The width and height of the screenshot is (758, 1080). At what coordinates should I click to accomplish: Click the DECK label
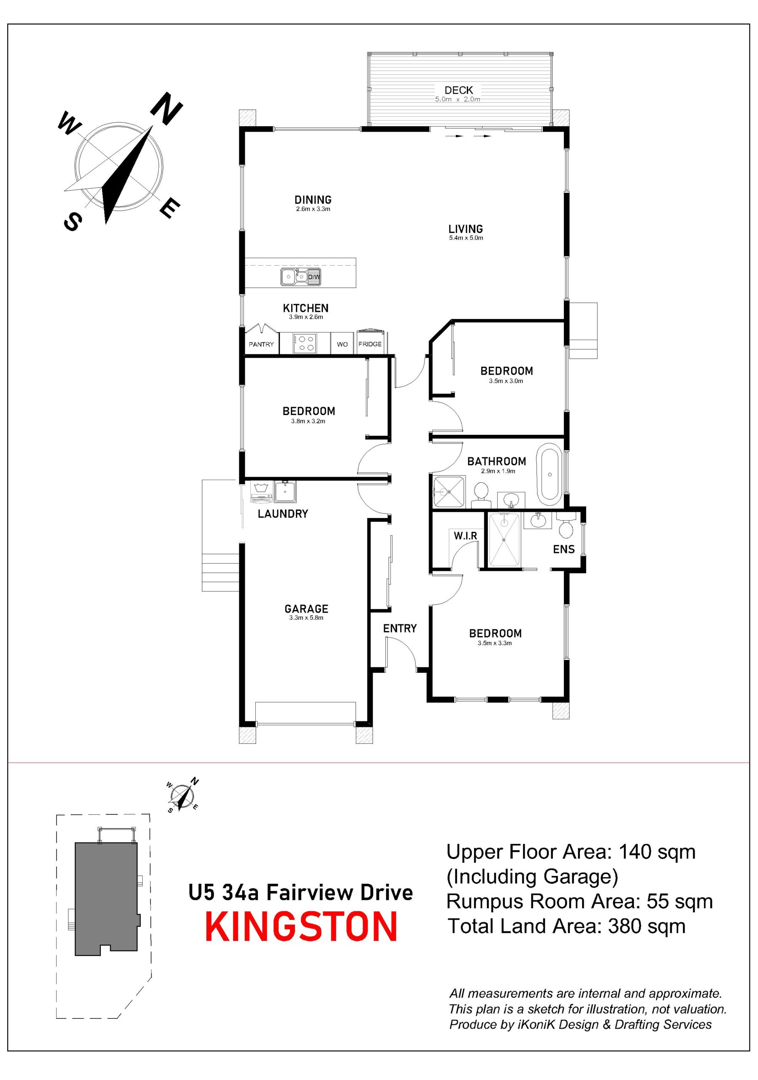(x=458, y=90)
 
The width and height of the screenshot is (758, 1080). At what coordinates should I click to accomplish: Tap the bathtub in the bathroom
(x=549, y=474)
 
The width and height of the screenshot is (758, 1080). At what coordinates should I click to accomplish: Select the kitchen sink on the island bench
(x=294, y=277)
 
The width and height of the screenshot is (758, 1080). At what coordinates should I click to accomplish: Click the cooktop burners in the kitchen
(x=304, y=343)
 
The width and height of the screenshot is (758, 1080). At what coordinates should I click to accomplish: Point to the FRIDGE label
(x=370, y=344)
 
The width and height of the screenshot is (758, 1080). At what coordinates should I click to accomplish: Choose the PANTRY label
(x=261, y=344)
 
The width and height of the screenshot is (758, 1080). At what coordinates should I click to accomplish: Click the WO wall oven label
(x=342, y=344)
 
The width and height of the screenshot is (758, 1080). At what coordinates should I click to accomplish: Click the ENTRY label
(x=399, y=629)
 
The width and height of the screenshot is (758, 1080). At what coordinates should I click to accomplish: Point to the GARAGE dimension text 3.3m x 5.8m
(x=306, y=618)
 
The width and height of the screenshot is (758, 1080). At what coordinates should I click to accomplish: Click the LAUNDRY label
(x=283, y=514)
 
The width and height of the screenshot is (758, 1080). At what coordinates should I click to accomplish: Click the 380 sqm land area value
(x=647, y=926)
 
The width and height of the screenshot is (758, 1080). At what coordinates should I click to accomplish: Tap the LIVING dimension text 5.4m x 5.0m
(x=466, y=238)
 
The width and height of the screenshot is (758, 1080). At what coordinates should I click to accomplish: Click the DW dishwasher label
(x=314, y=277)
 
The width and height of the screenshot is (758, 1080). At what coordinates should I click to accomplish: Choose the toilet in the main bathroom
(x=480, y=495)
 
